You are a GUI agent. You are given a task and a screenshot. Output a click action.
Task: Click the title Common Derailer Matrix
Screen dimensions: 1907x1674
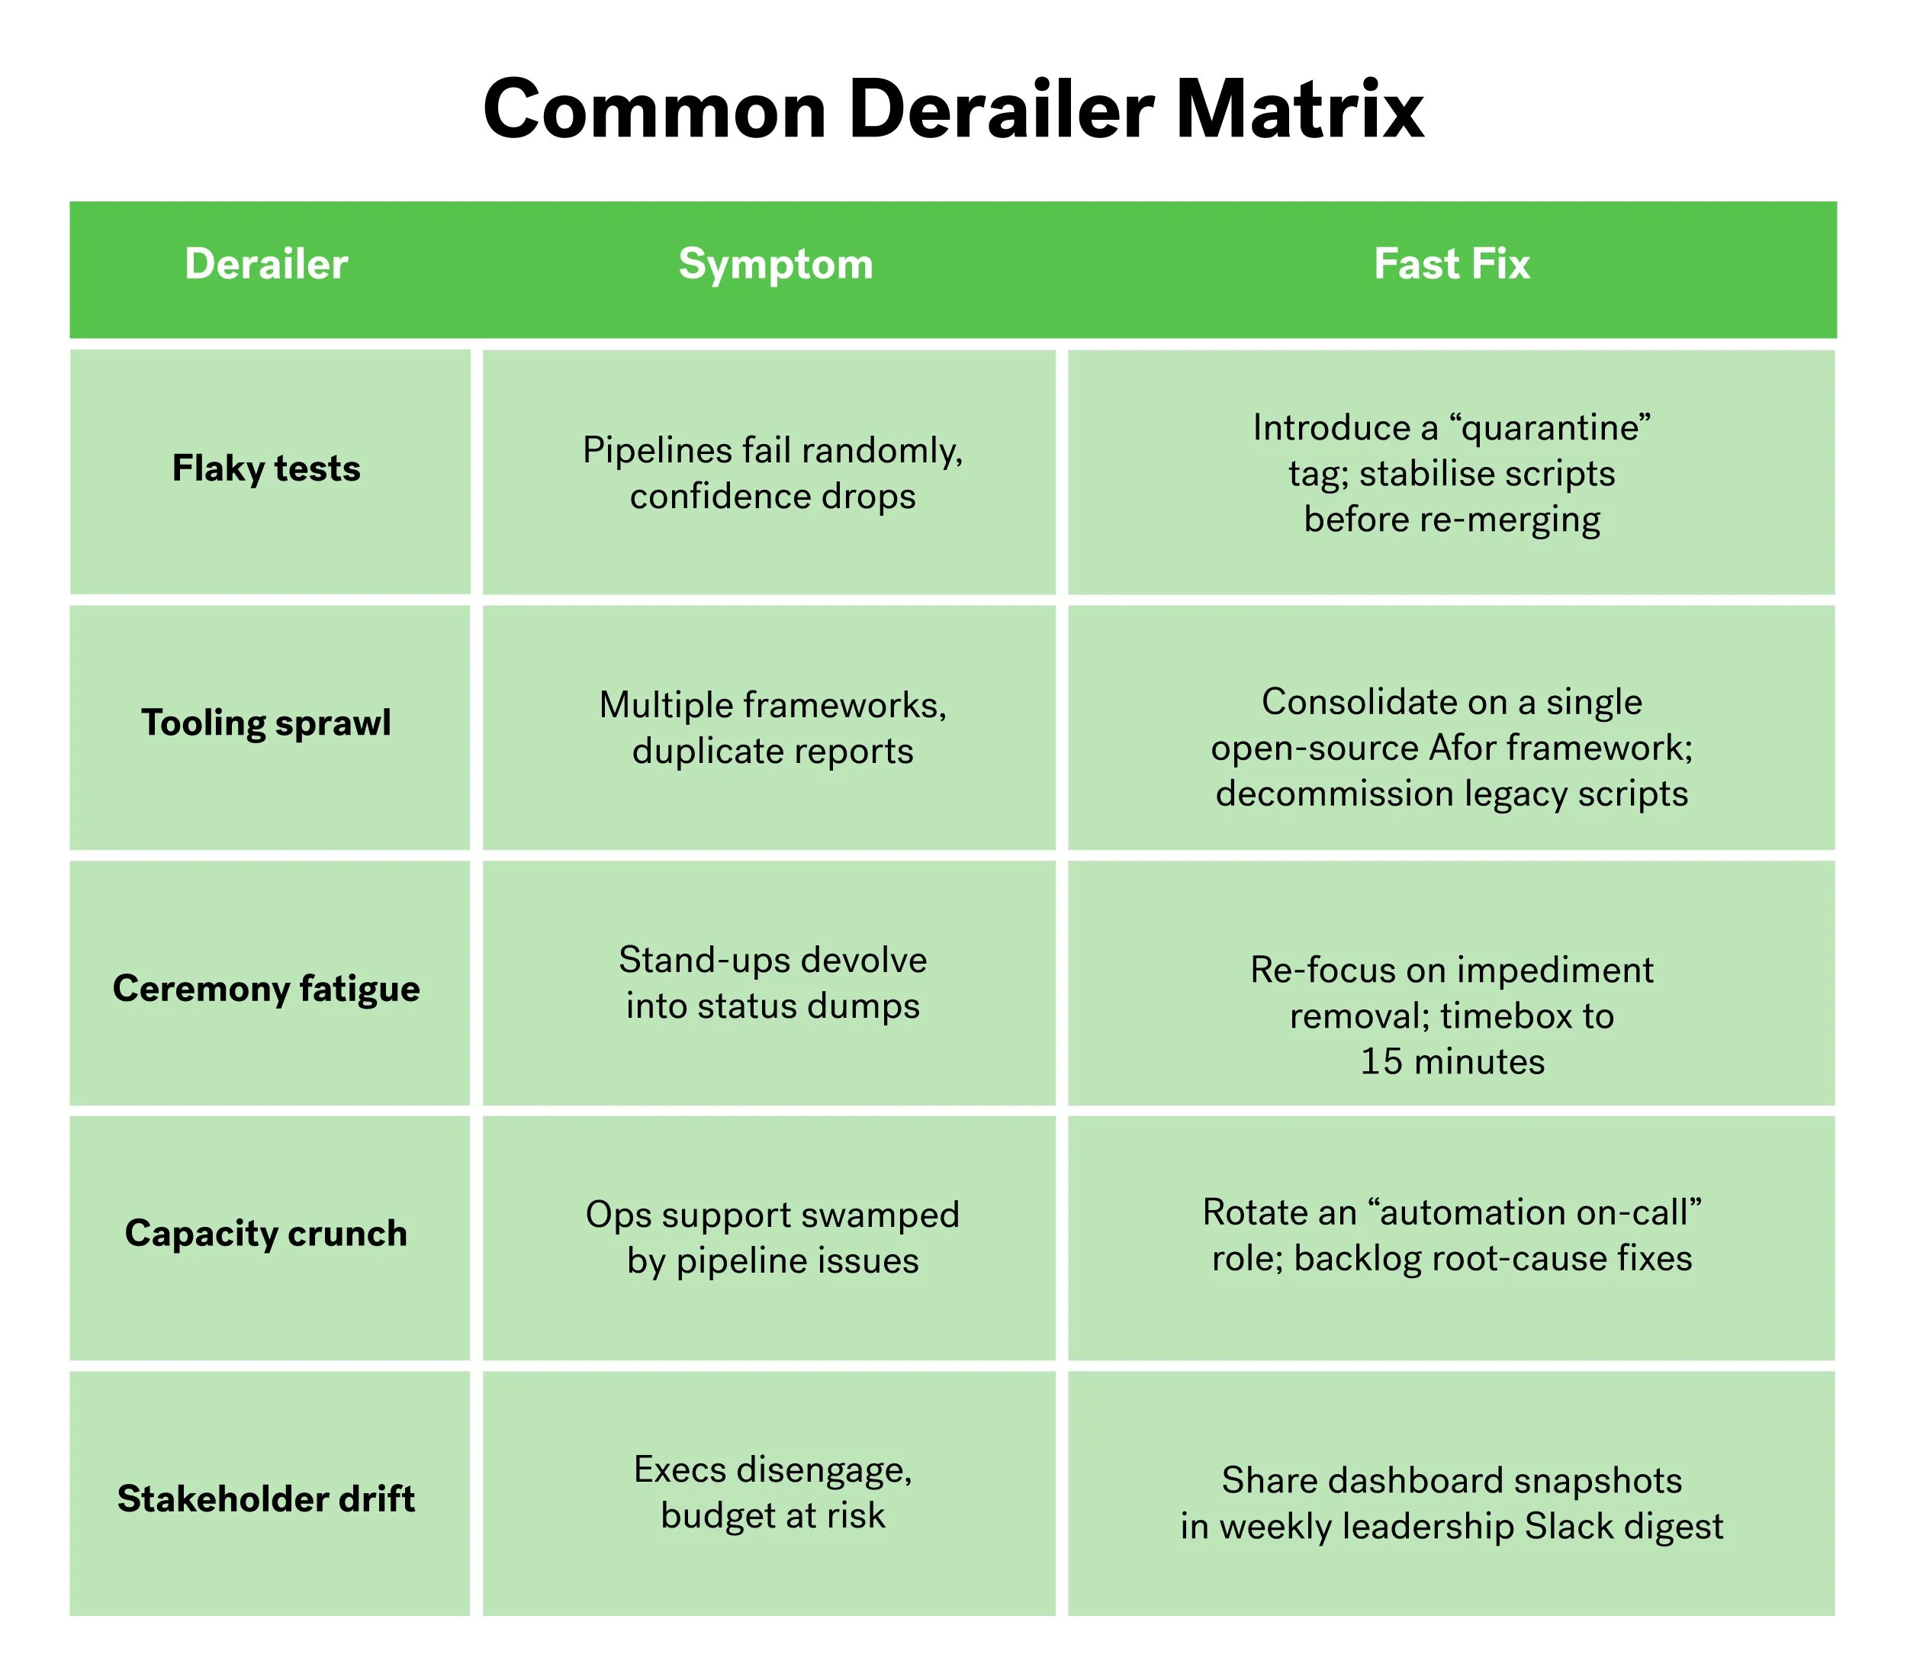click(x=953, y=109)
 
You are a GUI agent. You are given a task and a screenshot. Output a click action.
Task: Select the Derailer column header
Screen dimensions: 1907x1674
click(x=266, y=264)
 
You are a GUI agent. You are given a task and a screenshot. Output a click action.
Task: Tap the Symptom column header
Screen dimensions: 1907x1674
click(x=775, y=264)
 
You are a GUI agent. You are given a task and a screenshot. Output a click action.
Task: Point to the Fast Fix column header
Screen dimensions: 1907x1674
click(x=1451, y=264)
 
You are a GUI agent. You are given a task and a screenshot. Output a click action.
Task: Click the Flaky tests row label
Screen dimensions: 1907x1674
click(x=266, y=468)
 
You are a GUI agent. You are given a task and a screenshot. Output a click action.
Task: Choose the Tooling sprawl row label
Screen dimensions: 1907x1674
click(x=266, y=723)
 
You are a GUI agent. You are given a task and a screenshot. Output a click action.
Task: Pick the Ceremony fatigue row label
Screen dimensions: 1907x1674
click(x=266, y=988)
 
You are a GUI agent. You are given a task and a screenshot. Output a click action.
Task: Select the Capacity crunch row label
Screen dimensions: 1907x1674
click(x=266, y=1233)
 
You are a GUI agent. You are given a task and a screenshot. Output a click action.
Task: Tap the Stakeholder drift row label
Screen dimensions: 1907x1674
click(x=266, y=1498)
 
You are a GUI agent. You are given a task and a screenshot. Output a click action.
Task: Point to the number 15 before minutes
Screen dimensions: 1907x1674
click(x=1381, y=1061)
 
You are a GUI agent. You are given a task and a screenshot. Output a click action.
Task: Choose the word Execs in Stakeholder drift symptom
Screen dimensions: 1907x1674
click(x=679, y=1470)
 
